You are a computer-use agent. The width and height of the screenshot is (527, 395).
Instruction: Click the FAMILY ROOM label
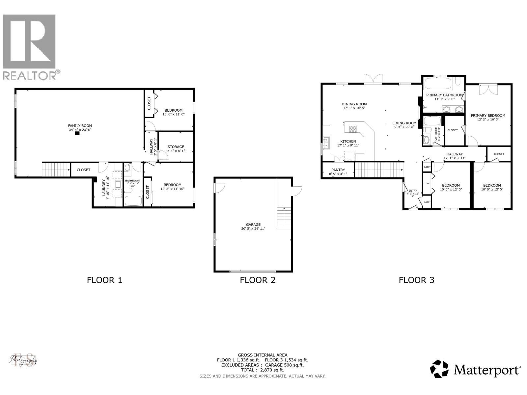click(80, 126)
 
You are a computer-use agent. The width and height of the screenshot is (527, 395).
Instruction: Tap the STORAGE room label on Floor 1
click(176, 147)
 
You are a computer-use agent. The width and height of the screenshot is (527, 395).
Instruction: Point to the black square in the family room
click(77, 133)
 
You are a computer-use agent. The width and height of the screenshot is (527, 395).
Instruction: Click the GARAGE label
click(253, 224)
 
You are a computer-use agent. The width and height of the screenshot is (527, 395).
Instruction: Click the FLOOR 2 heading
click(257, 280)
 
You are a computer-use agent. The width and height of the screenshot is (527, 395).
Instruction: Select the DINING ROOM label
click(354, 104)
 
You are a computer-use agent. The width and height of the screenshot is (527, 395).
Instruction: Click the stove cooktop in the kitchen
click(353, 128)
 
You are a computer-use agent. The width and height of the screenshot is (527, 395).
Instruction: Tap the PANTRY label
click(338, 170)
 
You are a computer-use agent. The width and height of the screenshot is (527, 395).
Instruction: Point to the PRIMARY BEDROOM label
click(488, 116)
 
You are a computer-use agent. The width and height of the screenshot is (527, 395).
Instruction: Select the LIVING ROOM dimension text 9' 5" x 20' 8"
click(404, 127)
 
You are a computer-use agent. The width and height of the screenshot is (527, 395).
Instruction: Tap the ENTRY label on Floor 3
click(412, 191)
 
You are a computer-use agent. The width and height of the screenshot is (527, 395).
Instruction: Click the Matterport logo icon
click(439, 369)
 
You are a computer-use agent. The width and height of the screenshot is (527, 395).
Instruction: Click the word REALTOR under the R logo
click(30, 76)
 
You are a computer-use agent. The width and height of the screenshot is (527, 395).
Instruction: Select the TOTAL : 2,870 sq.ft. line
click(262, 370)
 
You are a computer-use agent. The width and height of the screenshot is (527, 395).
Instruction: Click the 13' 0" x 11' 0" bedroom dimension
click(173, 115)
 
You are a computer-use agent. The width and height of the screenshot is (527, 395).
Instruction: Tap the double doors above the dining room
click(373, 79)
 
